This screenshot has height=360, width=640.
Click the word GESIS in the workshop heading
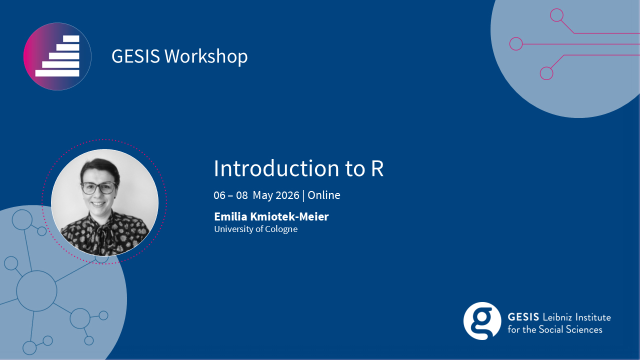click(x=135, y=56)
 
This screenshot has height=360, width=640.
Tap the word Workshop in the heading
click(x=206, y=56)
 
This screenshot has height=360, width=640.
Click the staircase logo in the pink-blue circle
click(x=57, y=56)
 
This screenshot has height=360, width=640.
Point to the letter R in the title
click(x=377, y=168)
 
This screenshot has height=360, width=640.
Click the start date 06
click(x=219, y=195)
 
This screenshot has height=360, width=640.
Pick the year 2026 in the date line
click(x=287, y=195)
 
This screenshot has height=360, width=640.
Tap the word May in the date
click(x=263, y=196)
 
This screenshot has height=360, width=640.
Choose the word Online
click(x=324, y=195)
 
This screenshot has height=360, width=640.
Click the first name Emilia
click(x=231, y=216)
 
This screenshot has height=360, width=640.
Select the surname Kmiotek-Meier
click(x=289, y=216)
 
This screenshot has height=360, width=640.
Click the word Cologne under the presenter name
click(x=281, y=229)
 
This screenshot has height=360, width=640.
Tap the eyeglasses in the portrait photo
click(x=99, y=188)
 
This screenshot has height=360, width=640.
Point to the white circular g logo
click(x=482, y=321)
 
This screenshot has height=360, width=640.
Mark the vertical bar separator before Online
click(x=303, y=195)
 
